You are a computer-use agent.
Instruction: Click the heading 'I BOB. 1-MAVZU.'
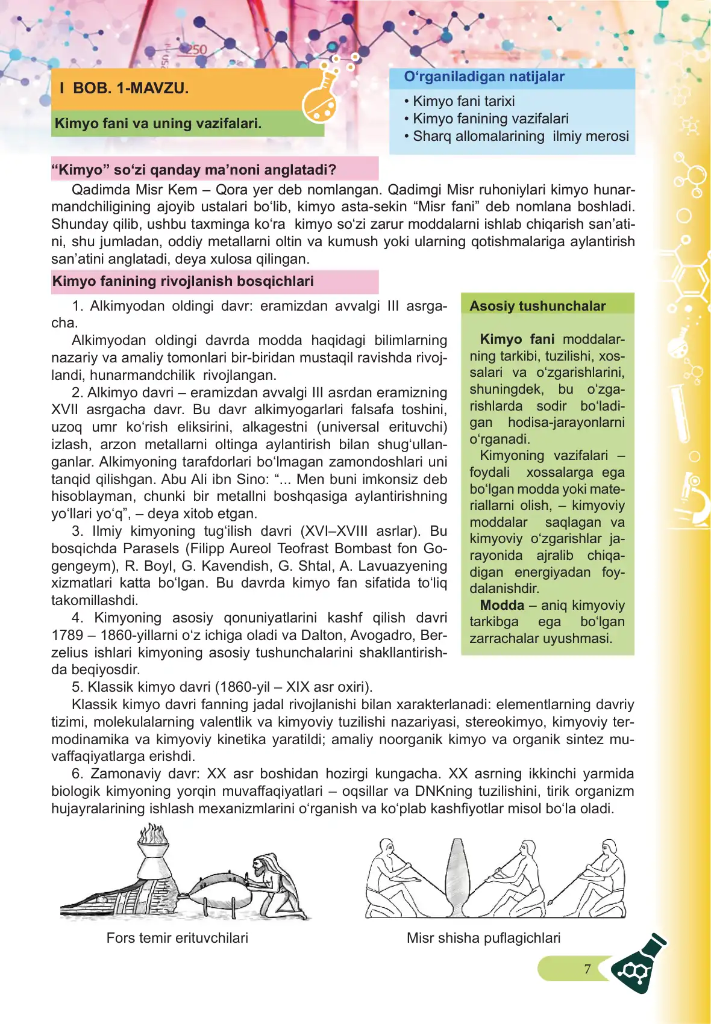(124, 88)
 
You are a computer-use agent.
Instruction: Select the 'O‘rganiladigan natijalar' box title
(484, 77)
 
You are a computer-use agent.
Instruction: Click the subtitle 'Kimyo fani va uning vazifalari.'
(158, 123)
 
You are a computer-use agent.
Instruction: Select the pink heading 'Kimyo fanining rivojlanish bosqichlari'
(183, 281)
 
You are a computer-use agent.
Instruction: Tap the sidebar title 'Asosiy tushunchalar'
(537, 306)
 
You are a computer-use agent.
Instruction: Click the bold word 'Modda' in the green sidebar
(502, 605)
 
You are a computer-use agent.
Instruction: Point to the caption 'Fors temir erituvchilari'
(177, 938)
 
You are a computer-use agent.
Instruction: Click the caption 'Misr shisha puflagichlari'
(483, 938)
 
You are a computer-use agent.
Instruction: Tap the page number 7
(587, 969)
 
